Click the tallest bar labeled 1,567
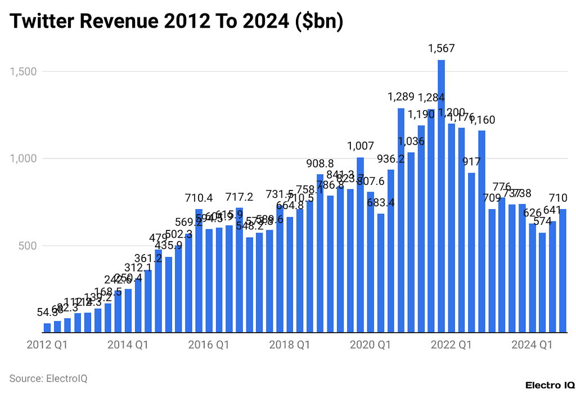441,197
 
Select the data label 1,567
441,49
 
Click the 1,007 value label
361,146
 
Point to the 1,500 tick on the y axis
22,71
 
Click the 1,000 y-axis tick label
22,158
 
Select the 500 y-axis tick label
27,246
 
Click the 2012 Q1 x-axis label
47,345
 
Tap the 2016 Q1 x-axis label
209,345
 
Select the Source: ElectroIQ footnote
48,378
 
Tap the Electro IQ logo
550,385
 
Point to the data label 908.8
320,163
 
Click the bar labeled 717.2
239,270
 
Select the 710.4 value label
199,198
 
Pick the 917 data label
471,162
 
